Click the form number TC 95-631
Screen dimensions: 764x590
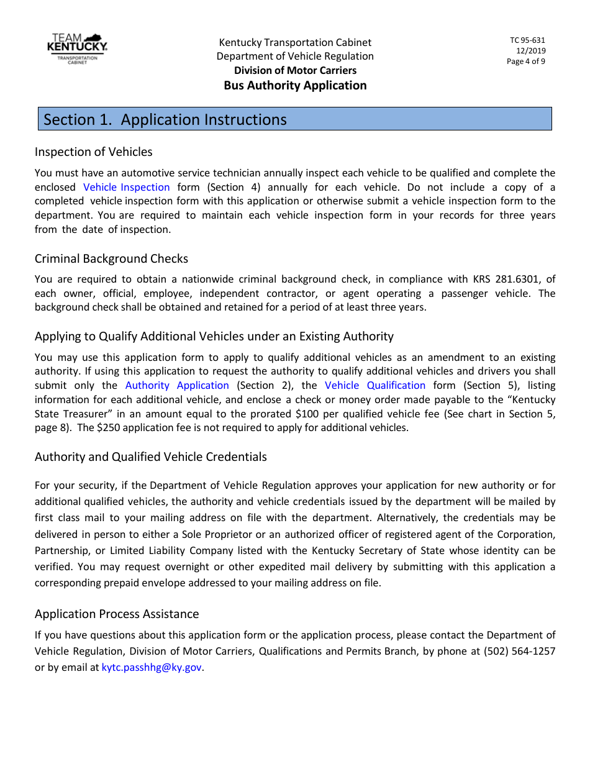(x=527, y=40)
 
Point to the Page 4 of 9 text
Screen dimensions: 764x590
(x=526, y=61)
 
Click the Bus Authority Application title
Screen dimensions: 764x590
(x=295, y=86)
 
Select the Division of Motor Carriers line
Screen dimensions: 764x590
(x=295, y=71)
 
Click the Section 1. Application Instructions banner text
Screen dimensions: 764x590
(x=165, y=119)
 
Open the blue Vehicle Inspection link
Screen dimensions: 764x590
(x=126, y=187)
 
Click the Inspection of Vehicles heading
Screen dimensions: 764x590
(x=93, y=152)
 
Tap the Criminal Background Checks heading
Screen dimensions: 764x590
(x=111, y=258)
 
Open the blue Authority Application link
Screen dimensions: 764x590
(x=177, y=385)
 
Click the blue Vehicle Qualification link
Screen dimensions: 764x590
(x=375, y=385)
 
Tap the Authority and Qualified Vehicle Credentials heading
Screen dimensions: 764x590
(x=150, y=457)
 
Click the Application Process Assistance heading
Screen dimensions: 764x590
(x=117, y=614)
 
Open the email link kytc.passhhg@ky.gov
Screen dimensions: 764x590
(x=152, y=668)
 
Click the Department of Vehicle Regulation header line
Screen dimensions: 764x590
(x=295, y=57)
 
